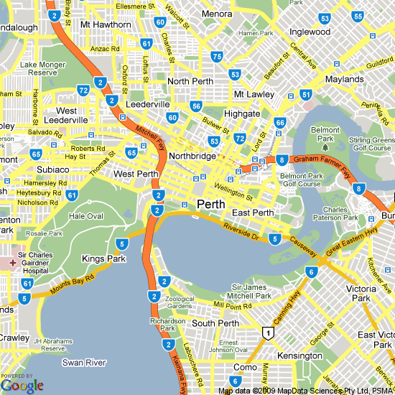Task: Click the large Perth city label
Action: [210, 203]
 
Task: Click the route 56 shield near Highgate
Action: [196, 106]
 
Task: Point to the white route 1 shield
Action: [268, 333]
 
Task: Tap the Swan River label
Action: [84, 363]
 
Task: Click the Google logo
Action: [22, 386]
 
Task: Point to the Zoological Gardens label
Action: [179, 302]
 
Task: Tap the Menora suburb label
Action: [216, 14]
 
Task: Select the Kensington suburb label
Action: [300, 355]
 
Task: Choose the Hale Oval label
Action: [86, 216]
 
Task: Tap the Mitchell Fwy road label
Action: [150, 134]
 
